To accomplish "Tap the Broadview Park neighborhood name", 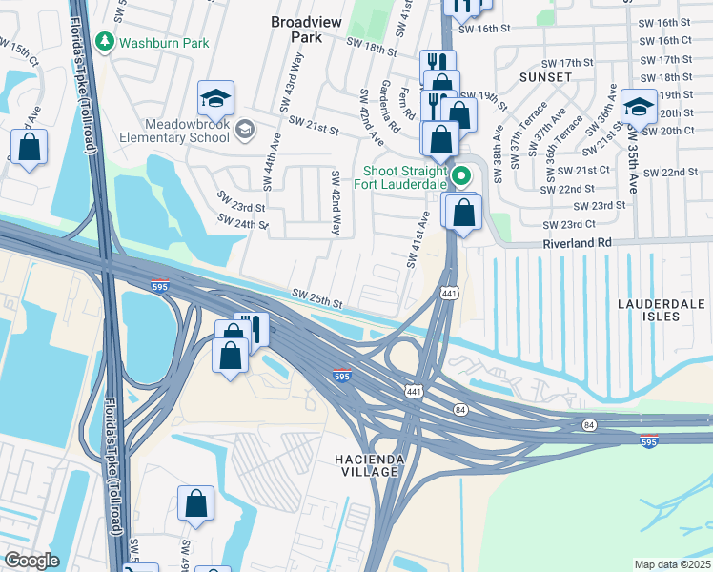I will [310, 29].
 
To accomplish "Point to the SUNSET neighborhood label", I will [545, 75].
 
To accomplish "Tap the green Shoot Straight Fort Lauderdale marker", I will [461, 175].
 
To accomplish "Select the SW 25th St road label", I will [316, 298].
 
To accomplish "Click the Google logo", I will [31, 560].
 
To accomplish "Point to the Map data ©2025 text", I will [672, 564].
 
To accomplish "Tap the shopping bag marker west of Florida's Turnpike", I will [30, 148].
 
